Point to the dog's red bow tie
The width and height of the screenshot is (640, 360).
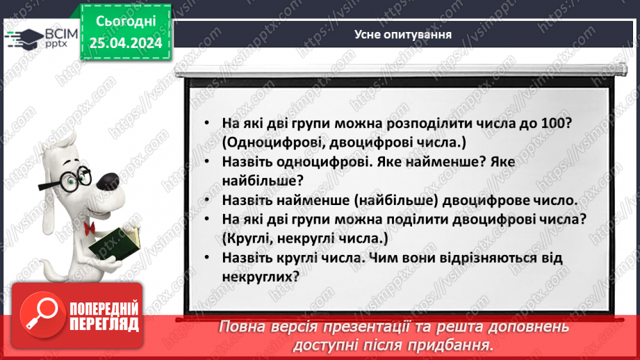click(x=90, y=228)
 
